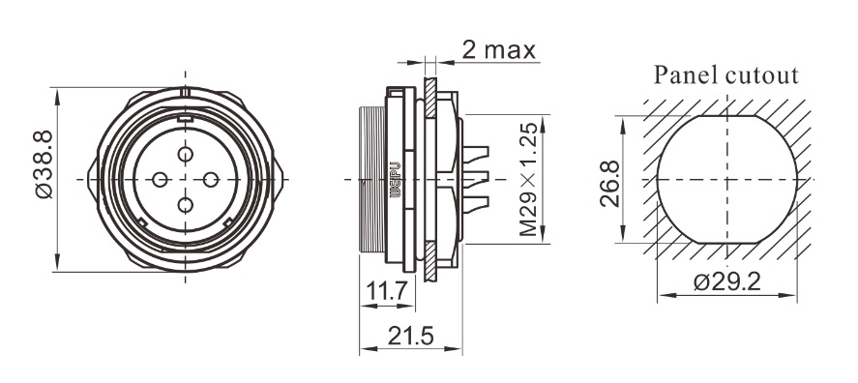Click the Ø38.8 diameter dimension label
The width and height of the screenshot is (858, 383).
[44, 164]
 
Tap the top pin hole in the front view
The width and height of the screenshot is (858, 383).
[186, 155]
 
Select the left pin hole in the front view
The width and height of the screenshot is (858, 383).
[160, 180]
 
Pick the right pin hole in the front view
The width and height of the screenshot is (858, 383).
[211, 180]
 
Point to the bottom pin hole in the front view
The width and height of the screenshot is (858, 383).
[186, 205]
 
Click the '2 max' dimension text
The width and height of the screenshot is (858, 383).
[498, 49]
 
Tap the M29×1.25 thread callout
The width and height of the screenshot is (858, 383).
[529, 180]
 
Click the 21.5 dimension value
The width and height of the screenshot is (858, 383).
[410, 336]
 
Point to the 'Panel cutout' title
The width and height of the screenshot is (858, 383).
[726, 75]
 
